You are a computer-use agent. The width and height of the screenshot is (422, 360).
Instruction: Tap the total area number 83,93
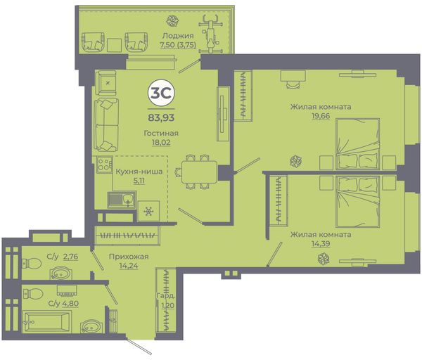(x=161, y=117)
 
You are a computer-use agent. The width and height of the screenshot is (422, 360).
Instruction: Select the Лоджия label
(x=178, y=36)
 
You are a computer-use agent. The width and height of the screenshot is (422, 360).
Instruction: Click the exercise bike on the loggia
(x=211, y=34)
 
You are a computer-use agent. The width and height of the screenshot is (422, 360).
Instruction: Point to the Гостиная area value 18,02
(x=161, y=142)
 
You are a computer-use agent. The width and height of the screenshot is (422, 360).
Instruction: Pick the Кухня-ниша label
(x=139, y=172)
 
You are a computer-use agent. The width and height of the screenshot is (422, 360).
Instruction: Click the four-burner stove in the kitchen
(x=104, y=164)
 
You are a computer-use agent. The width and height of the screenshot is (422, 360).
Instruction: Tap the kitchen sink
(x=122, y=200)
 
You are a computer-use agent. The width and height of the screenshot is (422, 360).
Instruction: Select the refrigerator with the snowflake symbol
(x=148, y=212)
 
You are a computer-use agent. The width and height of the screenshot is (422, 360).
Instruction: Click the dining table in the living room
(x=199, y=172)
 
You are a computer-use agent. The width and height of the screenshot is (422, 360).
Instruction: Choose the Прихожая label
(x=129, y=257)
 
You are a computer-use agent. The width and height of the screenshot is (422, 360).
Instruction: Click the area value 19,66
(x=321, y=116)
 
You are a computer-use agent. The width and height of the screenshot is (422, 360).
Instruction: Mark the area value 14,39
(x=321, y=244)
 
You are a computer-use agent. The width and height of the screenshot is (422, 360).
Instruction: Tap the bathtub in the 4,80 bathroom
(x=47, y=321)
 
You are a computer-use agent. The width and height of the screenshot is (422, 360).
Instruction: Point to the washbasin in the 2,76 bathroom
(x=60, y=273)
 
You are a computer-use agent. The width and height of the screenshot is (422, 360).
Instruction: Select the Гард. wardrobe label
(x=165, y=296)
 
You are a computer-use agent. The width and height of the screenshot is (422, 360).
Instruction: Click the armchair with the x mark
(x=106, y=83)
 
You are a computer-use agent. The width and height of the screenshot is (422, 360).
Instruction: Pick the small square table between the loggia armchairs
(x=115, y=45)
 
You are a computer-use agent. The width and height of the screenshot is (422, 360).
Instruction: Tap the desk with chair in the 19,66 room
(x=293, y=79)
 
